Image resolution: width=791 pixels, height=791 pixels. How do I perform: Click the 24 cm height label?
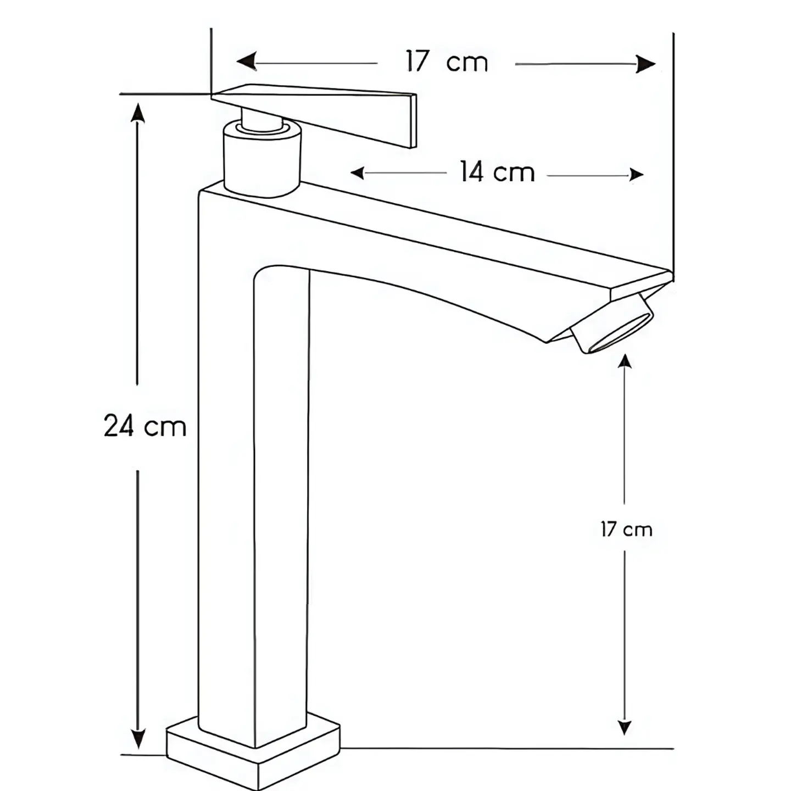145,426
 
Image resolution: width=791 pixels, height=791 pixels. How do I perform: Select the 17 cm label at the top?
447,62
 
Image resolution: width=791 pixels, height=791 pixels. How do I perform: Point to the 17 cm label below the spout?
626,530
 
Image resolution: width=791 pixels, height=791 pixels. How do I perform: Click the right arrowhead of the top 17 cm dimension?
645,64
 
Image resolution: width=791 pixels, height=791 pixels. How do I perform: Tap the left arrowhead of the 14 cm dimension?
357,173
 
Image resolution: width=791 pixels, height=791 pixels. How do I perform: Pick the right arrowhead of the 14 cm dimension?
637,175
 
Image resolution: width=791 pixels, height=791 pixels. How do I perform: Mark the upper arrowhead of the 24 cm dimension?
137,113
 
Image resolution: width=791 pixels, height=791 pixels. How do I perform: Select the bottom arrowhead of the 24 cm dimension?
138,739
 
